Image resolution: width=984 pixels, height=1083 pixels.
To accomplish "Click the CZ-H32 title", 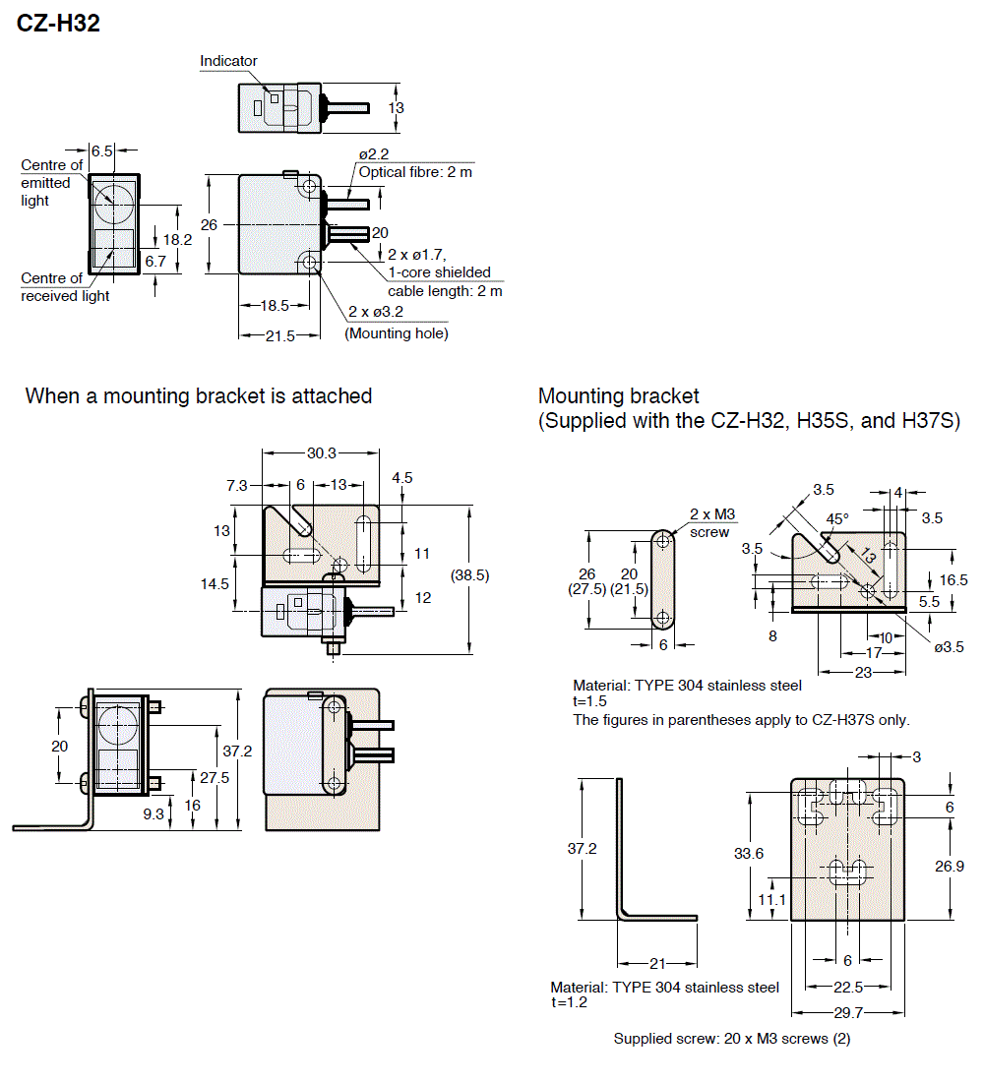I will click(58, 24).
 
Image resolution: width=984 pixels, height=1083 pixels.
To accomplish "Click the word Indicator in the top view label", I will click(228, 61).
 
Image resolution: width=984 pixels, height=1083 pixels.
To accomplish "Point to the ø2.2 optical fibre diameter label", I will click(375, 154).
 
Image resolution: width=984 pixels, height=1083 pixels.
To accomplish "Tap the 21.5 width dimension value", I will click(280, 335).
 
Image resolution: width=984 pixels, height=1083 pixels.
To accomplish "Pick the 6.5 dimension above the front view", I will click(102, 150).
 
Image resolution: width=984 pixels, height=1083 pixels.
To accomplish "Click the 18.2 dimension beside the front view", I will click(178, 239).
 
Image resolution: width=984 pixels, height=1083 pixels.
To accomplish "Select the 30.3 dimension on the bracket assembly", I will click(322, 453).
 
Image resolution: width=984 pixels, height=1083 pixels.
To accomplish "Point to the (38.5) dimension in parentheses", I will click(469, 574).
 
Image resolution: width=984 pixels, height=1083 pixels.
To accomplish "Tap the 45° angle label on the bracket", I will click(837, 518).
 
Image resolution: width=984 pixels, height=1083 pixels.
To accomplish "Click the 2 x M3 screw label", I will click(711, 522).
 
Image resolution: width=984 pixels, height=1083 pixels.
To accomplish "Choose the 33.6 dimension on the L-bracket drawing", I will click(749, 854).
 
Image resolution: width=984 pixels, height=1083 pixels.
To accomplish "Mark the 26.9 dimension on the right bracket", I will click(951, 867).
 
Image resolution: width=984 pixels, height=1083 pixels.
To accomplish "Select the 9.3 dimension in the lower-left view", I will click(154, 813).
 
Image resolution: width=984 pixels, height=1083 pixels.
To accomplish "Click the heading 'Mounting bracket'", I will click(618, 395).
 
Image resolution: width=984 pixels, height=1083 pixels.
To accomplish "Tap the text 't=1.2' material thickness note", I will click(569, 1002).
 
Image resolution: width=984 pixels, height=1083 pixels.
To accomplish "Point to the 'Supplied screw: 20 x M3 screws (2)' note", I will click(731, 1039).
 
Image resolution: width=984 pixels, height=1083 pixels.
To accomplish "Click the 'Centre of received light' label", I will click(65, 287).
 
